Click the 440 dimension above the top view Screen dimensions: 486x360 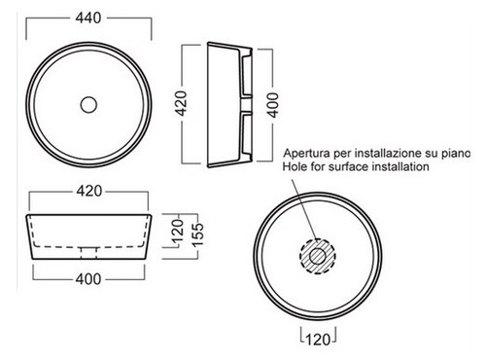pos(88,18)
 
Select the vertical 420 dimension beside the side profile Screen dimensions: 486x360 pos(182,104)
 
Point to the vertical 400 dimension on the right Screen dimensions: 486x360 pos(273,105)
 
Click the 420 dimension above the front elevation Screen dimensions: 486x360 pos(89,191)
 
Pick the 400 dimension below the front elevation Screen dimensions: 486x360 pos(88,279)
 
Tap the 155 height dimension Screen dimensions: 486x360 pos(197,234)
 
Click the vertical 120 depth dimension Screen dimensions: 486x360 pos(178,232)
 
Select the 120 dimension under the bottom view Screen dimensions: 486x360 pos(318,340)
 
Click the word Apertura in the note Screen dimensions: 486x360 pos(307,153)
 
